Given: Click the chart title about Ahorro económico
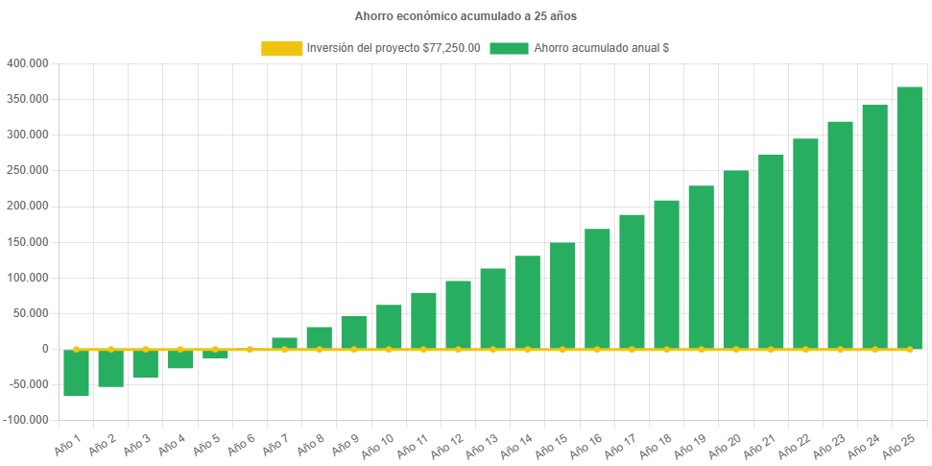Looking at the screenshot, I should [466, 16].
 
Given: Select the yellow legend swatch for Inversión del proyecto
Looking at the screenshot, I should [281, 48].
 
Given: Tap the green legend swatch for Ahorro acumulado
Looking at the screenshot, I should [509, 48].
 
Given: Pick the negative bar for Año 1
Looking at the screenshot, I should [76, 373].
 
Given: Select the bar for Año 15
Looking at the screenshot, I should [562, 296].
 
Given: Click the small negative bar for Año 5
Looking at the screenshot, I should [215, 355].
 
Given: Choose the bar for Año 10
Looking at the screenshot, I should [389, 327].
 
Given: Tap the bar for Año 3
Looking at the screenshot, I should [146, 364].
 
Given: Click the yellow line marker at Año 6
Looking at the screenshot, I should [250, 349].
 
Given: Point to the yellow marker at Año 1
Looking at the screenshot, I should [76, 349].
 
